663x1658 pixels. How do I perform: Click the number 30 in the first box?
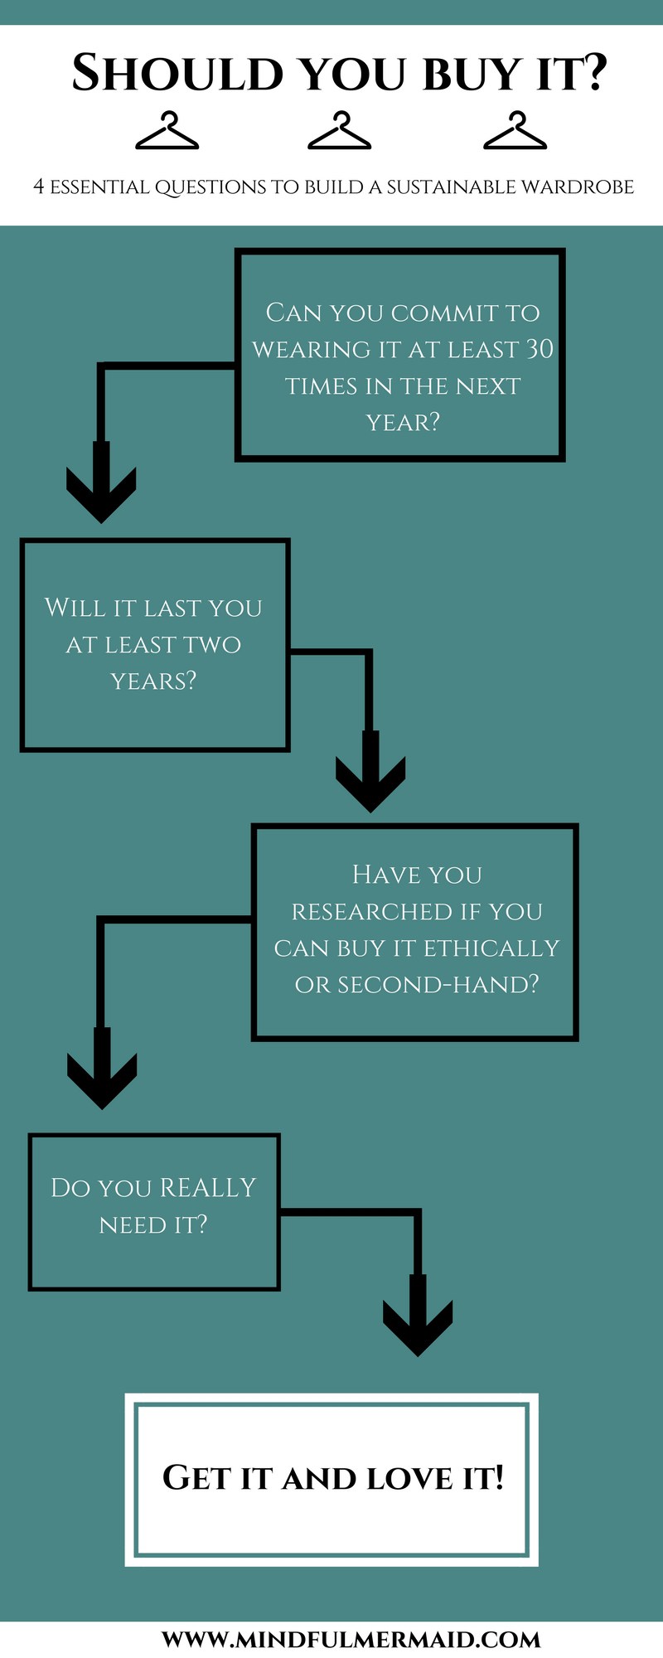click(x=540, y=349)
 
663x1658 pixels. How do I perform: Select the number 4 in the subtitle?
click(x=38, y=187)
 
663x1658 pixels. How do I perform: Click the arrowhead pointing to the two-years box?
click(x=101, y=492)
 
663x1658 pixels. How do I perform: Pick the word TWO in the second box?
click(x=211, y=644)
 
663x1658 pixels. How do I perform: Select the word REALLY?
click(x=207, y=1187)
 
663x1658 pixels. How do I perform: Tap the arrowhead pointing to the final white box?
click(x=418, y=1326)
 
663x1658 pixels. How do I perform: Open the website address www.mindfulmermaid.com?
click(x=351, y=1639)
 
